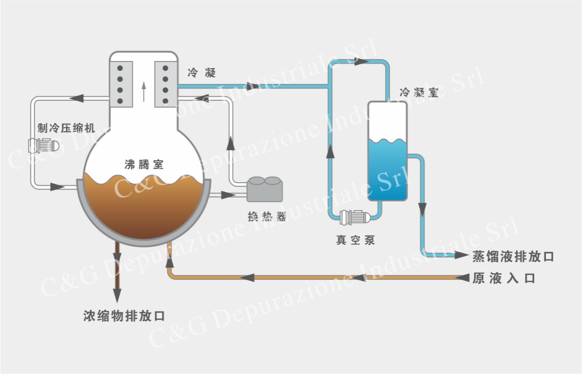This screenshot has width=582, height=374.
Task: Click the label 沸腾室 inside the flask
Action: point(144,164)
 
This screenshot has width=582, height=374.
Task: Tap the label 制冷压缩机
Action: point(67,128)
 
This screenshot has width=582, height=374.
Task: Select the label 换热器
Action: point(267,217)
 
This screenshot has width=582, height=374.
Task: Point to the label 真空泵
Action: point(356,240)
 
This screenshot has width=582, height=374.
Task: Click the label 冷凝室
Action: point(419,93)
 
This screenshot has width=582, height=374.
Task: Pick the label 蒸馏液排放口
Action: point(513,256)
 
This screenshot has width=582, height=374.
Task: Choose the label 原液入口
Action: point(504,278)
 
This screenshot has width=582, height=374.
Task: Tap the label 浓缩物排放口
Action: point(124,315)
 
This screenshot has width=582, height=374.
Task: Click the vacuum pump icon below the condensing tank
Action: point(355,217)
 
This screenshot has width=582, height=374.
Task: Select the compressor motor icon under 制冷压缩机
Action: point(43,146)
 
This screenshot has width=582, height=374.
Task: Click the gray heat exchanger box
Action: point(265,189)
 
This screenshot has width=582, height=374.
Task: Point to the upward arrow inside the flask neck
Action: point(143,92)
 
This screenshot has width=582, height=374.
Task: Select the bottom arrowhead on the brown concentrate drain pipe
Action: point(117,295)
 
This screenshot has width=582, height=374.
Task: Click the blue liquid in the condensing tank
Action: point(388,169)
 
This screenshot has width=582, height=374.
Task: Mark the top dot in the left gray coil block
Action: point(120,68)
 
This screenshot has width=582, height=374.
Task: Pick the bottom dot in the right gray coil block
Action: point(165,101)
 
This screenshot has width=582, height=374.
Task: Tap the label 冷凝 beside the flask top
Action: point(201,72)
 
